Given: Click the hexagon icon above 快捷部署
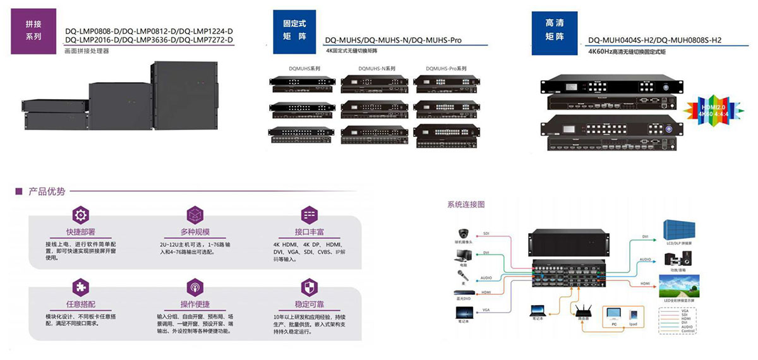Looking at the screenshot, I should (81, 214).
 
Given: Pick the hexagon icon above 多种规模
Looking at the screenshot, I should (195, 214).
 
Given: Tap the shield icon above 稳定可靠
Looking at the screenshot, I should (308, 288).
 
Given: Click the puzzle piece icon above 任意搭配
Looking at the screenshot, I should (81, 288).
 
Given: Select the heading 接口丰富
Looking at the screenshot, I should (308, 232).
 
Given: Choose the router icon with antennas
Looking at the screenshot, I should (580, 311).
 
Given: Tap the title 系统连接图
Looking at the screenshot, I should (466, 205).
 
